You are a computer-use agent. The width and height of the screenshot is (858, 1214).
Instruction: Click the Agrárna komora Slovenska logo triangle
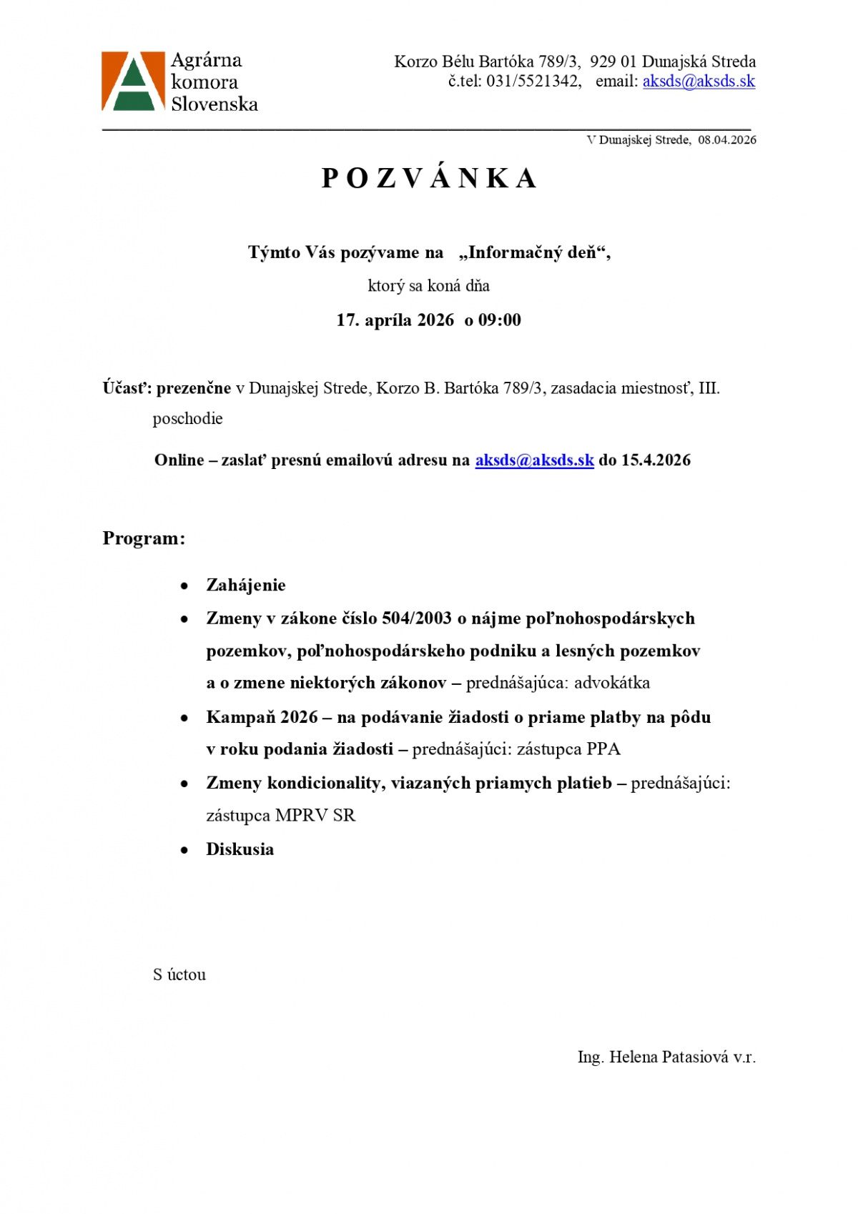tap(133, 82)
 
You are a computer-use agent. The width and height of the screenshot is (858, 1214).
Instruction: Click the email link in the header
tap(699, 82)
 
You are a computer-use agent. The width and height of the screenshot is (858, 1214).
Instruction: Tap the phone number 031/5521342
tap(533, 82)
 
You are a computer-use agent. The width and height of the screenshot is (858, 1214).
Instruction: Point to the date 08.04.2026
tap(726, 140)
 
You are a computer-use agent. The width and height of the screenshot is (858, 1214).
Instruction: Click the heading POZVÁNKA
tap(429, 179)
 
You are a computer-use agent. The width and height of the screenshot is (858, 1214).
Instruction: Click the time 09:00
tap(499, 320)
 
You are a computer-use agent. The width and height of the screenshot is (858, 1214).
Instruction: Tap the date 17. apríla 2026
tap(395, 320)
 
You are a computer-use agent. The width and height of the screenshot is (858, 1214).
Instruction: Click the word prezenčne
tap(194, 388)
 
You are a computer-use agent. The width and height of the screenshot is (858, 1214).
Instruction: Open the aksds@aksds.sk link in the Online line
tap(534, 460)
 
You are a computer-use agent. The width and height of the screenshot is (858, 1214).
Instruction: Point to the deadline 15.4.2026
tap(656, 460)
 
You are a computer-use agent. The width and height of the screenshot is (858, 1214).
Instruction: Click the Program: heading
tap(144, 538)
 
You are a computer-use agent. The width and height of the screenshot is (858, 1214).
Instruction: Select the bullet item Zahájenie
tap(246, 586)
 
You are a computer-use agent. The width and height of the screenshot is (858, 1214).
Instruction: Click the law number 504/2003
tap(417, 618)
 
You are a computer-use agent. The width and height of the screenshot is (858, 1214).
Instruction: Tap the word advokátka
tap(612, 683)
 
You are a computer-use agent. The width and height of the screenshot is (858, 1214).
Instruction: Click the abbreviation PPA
tap(603, 749)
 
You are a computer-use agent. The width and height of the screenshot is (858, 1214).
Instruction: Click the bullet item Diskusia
tap(240, 849)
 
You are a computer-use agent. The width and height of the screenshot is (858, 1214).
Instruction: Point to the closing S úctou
tap(179, 974)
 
